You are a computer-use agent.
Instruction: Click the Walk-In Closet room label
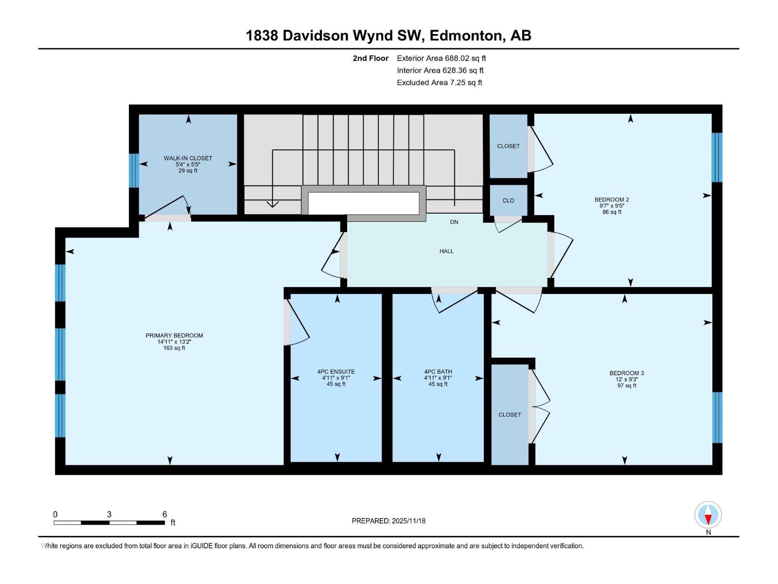[x=188, y=158]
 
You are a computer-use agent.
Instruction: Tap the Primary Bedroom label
[x=175, y=335]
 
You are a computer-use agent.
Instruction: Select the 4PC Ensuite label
[x=336, y=372]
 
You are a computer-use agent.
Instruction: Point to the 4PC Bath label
[x=438, y=372]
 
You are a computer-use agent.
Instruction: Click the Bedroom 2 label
[x=612, y=200]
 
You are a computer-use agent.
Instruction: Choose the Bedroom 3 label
[x=627, y=373]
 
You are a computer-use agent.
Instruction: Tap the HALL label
[x=446, y=251]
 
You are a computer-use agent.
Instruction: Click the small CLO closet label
[x=508, y=201]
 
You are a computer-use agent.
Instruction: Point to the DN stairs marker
[x=454, y=222]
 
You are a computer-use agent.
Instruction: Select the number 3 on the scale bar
[x=109, y=514]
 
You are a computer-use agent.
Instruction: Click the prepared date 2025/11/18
[x=408, y=521]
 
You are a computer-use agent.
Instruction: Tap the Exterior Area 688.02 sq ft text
[x=442, y=58]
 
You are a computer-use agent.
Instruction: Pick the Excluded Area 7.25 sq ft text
[x=440, y=83]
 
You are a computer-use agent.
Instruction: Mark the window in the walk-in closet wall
[x=134, y=170]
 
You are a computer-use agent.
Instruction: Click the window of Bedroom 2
[x=717, y=157]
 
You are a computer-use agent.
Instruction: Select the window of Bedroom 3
[x=717, y=418]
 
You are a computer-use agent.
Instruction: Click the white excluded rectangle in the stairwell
[x=364, y=203]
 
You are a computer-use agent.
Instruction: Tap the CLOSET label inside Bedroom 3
[x=510, y=415]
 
